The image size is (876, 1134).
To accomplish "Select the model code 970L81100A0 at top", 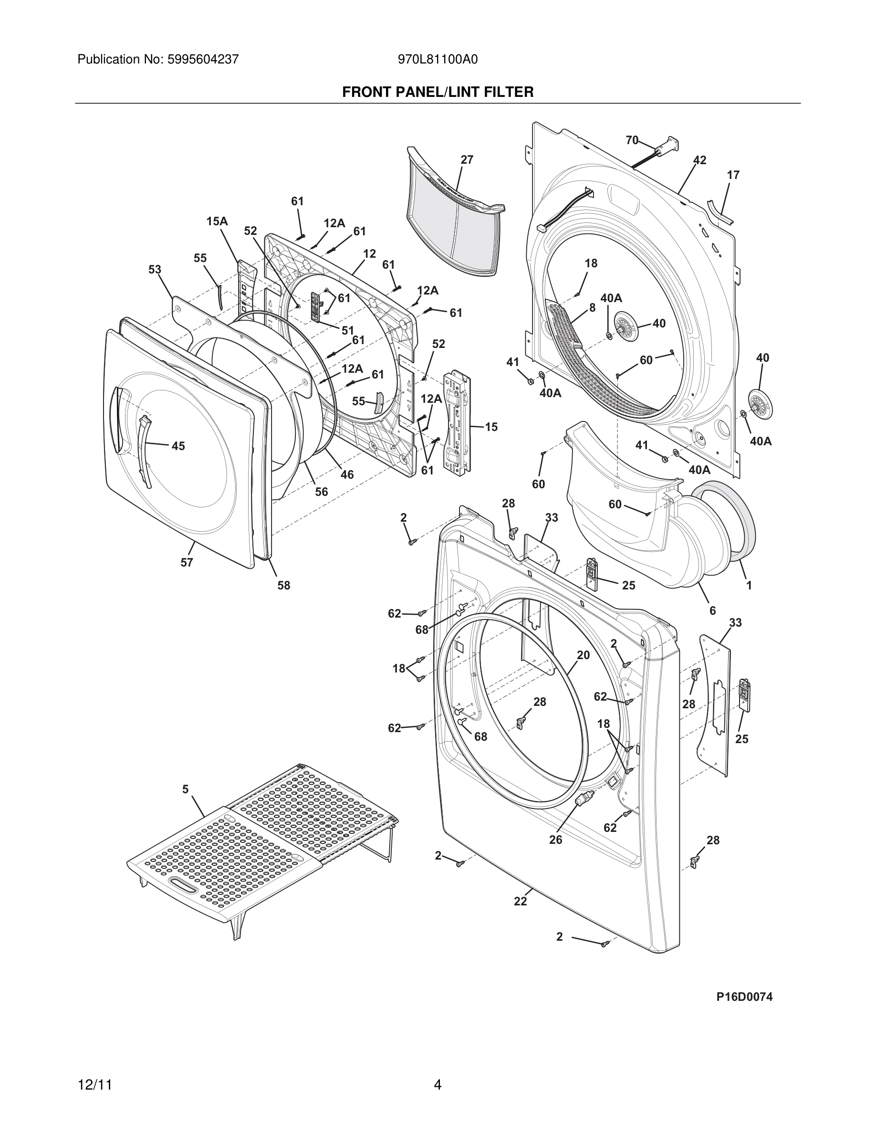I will [438, 60].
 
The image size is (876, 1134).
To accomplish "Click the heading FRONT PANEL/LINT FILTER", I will [438, 93].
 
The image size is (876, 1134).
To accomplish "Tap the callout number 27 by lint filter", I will [467, 160].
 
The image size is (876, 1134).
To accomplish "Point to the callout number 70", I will [632, 140].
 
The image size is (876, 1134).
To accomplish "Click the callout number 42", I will [699, 160].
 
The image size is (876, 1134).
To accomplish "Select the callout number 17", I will [733, 176].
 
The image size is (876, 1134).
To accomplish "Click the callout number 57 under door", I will [187, 562].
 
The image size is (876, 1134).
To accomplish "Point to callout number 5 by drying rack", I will [185, 790].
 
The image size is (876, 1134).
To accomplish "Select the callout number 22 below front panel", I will [520, 902].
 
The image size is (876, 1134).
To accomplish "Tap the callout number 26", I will [555, 840].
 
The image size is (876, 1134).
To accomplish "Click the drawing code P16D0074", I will [744, 997].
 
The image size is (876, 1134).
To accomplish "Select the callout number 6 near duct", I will [712, 611].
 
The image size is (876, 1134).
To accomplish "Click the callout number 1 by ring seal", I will [749, 586].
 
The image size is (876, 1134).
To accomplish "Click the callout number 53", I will [155, 270].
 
